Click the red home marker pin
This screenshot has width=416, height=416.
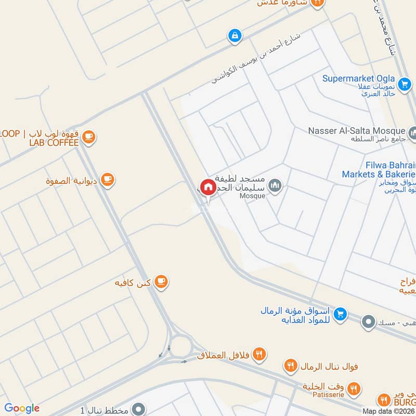(x=208, y=188)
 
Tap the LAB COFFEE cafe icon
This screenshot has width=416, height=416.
(x=89, y=137)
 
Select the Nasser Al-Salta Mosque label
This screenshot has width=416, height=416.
(x=356, y=131)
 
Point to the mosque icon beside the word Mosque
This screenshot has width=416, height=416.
(x=275, y=185)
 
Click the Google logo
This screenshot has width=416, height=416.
(x=22, y=408)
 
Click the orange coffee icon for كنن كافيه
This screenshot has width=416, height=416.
(x=162, y=282)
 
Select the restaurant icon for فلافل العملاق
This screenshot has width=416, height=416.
(x=259, y=355)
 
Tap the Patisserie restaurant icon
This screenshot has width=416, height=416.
(x=354, y=388)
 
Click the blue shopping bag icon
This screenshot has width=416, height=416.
(x=235, y=36)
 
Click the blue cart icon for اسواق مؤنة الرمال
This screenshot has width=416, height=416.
(x=341, y=314)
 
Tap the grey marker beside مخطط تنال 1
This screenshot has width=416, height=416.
(x=138, y=409)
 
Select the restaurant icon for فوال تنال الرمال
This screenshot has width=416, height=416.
(x=291, y=366)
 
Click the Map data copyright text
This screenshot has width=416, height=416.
(x=388, y=411)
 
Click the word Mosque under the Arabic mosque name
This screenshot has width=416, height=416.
(x=253, y=196)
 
